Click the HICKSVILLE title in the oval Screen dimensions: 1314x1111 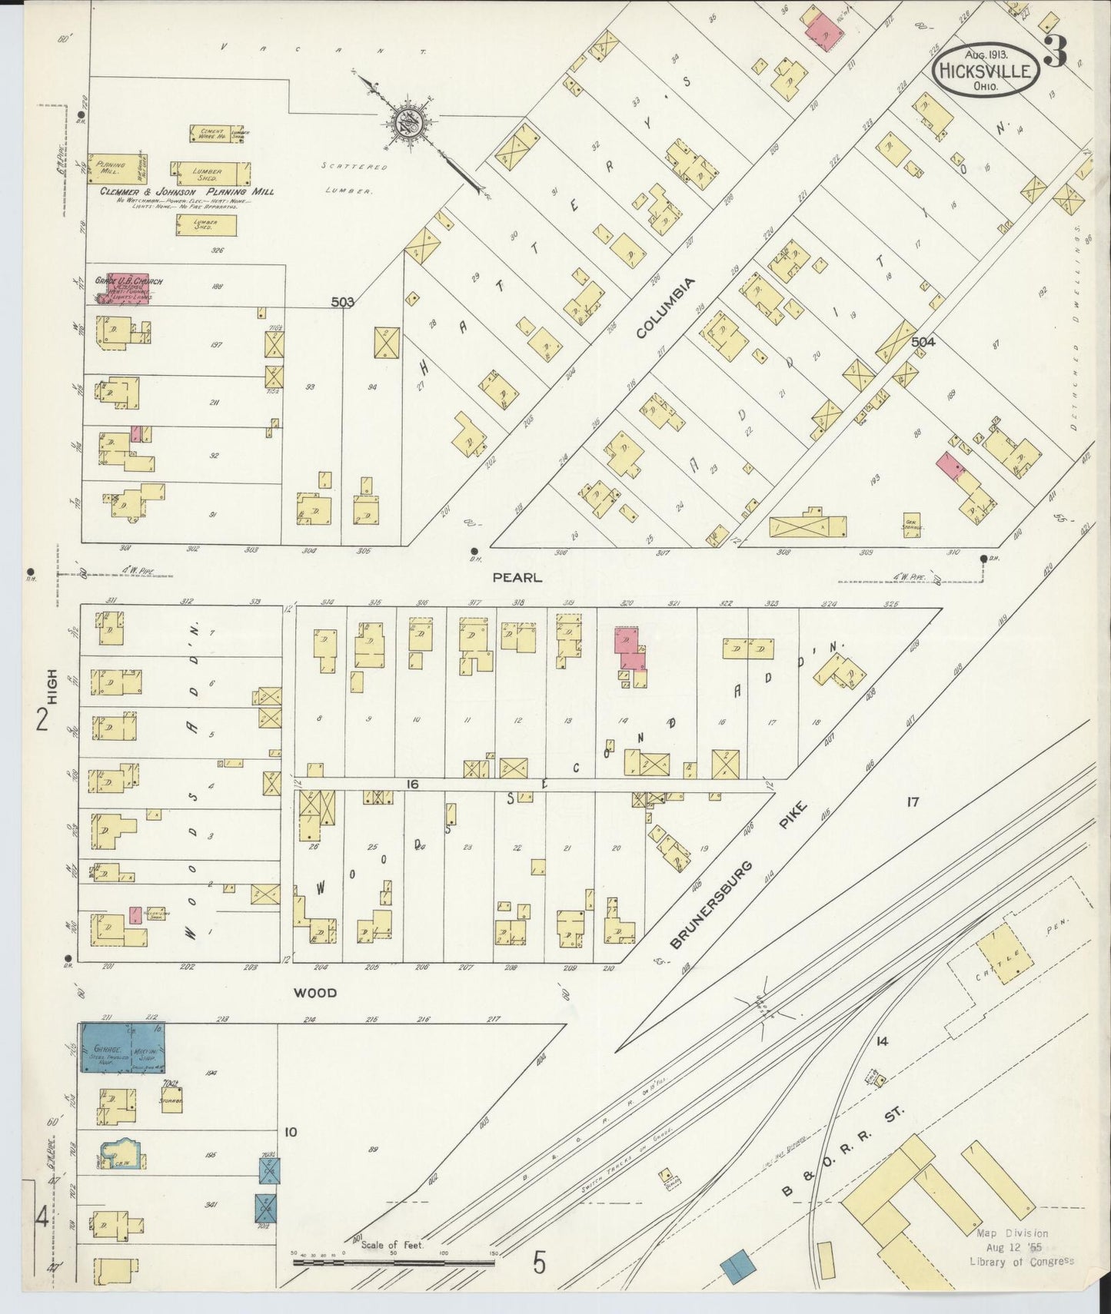tap(986, 71)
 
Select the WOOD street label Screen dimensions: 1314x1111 tap(315, 992)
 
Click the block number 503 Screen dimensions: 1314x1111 tap(342, 303)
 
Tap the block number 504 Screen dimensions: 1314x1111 tap(923, 342)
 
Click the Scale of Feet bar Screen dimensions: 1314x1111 tap(392, 1262)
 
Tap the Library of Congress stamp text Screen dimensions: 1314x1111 tap(1021, 1261)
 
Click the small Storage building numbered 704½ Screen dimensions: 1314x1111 tap(171, 1097)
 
